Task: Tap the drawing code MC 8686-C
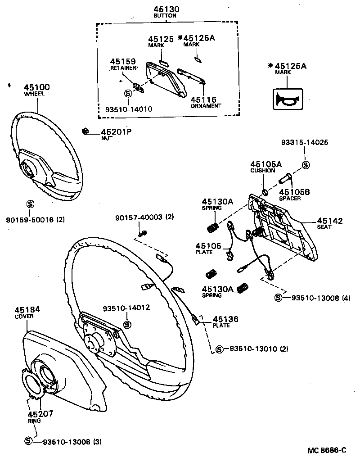point(327,450)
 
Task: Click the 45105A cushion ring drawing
point(265,192)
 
